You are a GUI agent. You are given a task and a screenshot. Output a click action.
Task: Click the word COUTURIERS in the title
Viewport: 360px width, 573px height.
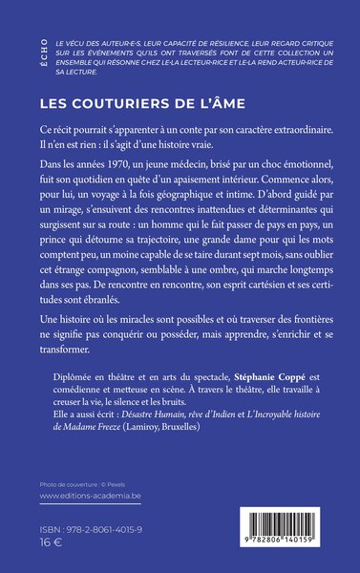click(135, 98)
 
